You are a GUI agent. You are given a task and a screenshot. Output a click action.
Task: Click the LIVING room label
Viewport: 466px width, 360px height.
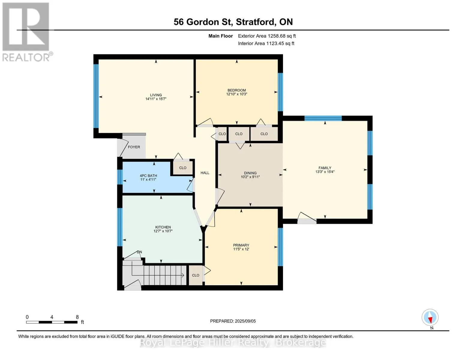click(x=156, y=95)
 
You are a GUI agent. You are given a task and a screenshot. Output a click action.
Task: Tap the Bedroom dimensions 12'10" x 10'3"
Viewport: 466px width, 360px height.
click(x=237, y=94)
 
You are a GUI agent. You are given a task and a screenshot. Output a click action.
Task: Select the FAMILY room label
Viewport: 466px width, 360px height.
click(x=325, y=168)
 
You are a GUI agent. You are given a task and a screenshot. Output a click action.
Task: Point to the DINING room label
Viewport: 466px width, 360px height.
click(x=250, y=173)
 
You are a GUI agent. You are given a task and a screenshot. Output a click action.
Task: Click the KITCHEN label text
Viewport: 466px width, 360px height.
click(x=163, y=227)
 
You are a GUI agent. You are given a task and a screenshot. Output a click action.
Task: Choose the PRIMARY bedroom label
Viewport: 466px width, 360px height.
click(x=241, y=245)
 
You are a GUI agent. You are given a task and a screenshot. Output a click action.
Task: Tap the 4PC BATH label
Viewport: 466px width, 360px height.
click(x=149, y=176)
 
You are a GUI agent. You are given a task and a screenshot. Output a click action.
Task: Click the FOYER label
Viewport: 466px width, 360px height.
click(x=134, y=147)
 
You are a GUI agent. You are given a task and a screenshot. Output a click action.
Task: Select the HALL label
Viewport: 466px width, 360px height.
click(x=205, y=173)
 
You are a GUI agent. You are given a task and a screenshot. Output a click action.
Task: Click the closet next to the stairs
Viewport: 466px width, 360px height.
click(x=196, y=275)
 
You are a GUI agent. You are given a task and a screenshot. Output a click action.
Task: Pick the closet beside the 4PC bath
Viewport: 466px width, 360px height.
click(x=183, y=168)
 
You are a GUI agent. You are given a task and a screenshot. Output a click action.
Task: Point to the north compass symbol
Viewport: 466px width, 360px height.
click(x=430, y=317)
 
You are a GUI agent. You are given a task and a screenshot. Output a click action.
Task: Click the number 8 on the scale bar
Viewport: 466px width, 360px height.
click(x=77, y=317)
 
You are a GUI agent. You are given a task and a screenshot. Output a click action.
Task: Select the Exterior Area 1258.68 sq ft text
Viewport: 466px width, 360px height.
click(x=267, y=36)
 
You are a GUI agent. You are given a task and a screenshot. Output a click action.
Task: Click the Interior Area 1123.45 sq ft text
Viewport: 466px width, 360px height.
click(x=266, y=43)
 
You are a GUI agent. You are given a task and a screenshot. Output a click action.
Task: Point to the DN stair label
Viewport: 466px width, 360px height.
click(x=140, y=252)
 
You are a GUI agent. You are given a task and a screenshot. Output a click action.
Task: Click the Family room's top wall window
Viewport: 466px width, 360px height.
click(x=323, y=118)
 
